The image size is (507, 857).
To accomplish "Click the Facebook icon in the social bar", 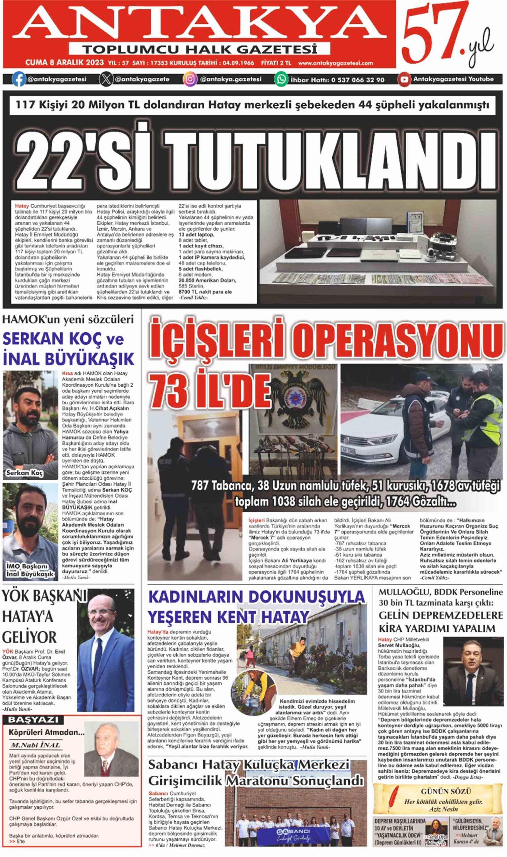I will click(x=19, y=80).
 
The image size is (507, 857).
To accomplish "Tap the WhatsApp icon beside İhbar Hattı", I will click(x=281, y=80).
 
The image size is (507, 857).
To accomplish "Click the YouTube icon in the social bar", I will click(x=404, y=80).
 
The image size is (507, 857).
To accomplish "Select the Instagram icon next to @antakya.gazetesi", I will click(x=190, y=80).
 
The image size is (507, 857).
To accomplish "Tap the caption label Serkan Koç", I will click(x=24, y=473).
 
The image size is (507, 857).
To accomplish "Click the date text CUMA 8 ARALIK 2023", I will click(x=65, y=63).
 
